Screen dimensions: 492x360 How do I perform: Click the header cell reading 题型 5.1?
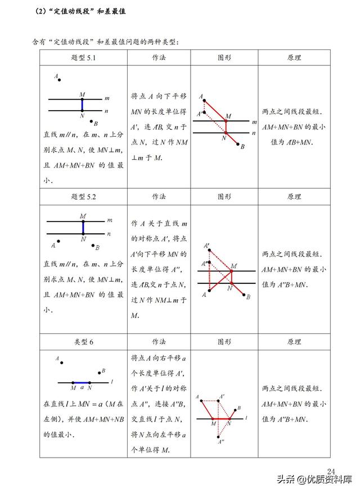pos(83,58)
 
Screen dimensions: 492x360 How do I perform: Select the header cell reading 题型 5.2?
pos(83,197)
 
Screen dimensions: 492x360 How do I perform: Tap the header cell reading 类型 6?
pos(83,342)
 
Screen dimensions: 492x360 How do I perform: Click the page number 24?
pos(331,471)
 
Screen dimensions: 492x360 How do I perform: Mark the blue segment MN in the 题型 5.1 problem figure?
pos(82,105)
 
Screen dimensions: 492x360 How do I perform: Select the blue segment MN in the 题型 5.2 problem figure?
pos(83,227)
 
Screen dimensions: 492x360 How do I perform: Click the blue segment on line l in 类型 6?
pos(82,382)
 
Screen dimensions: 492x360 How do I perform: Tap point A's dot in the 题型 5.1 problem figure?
pos(60,80)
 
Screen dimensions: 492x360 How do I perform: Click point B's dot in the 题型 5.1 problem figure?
pos(92,120)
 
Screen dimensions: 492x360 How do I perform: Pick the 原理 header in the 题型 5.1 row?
pos(294,58)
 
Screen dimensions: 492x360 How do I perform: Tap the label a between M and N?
pos(82,387)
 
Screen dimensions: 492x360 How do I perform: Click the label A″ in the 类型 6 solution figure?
pos(222,442)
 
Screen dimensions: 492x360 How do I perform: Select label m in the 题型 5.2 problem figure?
pos(109,220)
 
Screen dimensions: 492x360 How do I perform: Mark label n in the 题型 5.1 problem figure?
pos(106,111)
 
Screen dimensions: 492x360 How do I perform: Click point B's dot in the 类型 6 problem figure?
pos(100,372)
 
